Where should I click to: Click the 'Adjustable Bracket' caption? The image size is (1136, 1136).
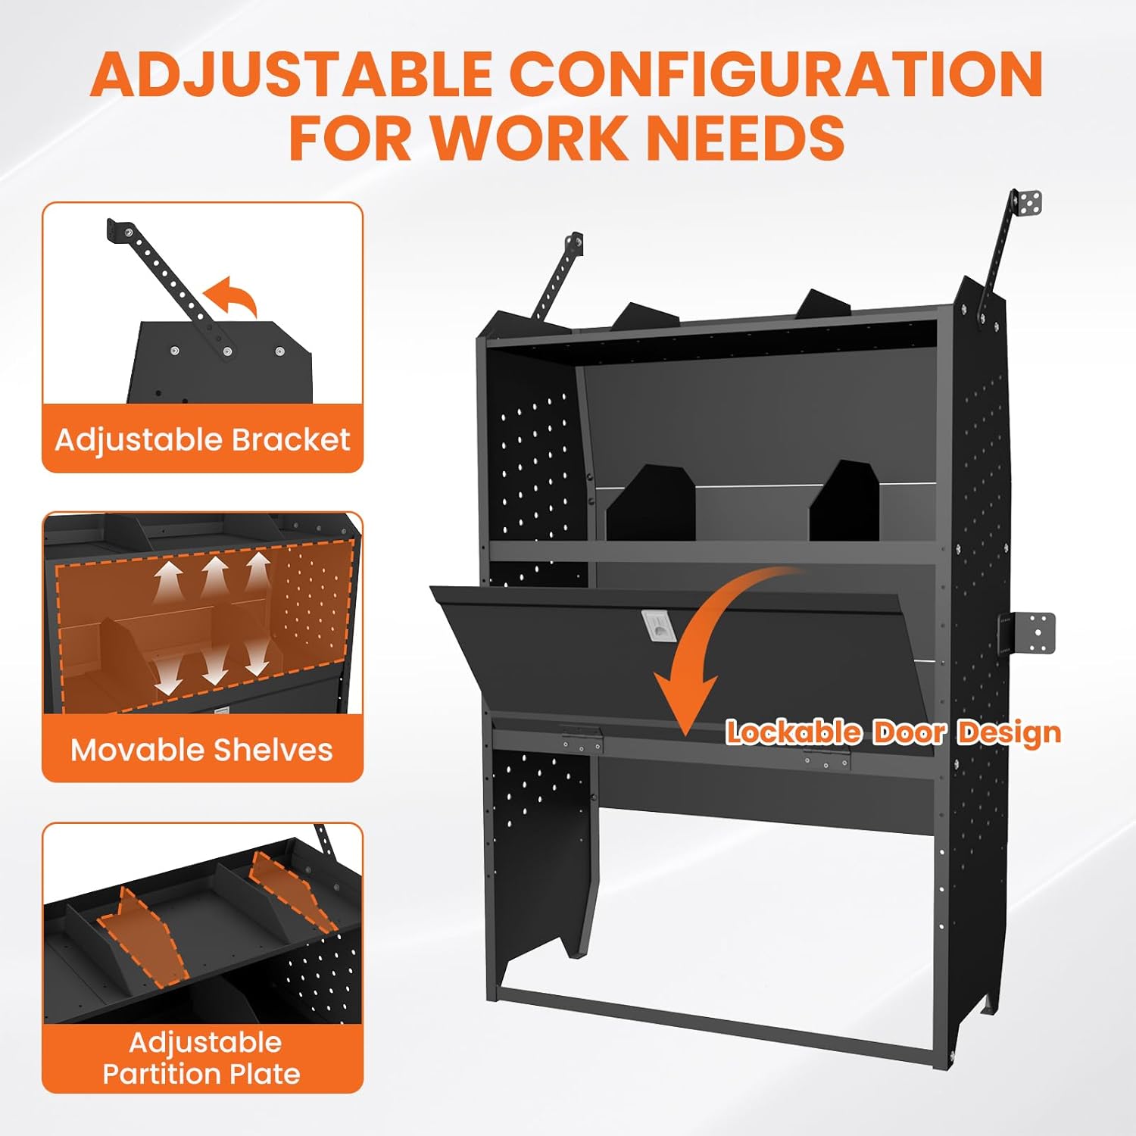point(202,440)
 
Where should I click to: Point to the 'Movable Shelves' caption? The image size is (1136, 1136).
point(202,750)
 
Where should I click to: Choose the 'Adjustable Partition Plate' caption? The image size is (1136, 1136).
point(202,1058)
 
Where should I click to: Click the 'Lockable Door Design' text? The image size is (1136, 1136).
point(894,732)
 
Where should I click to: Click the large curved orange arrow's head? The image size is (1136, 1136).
point(685,701)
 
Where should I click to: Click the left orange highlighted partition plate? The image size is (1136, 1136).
point(142,939)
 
